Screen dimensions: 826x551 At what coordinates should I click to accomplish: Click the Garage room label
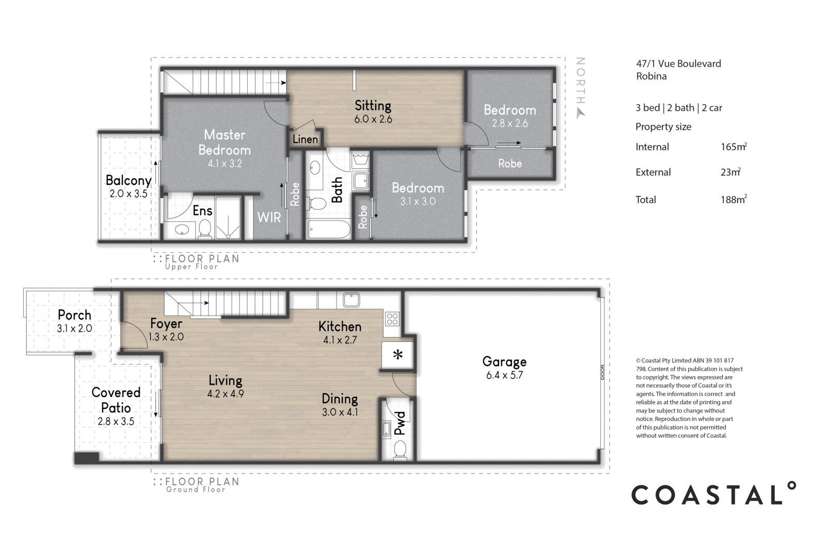[x=504, y=361]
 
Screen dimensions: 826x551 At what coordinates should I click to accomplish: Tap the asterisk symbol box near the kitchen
[x=398, y=355]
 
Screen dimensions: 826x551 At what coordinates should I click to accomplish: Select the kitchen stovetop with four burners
[x=392, y=319]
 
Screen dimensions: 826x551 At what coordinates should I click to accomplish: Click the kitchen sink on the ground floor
[x=351, y=300]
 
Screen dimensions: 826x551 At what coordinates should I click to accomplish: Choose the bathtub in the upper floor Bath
[x=328, y=230]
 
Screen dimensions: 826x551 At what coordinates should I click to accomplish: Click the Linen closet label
[x=305, y=139]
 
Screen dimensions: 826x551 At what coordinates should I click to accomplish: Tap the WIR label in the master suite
[x=269, y=217]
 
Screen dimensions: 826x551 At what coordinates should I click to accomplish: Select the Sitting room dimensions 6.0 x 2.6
[x=373, y=119]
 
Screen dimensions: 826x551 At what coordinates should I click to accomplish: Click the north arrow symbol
[x=580, y=113]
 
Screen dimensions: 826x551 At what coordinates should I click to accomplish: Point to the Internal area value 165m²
[x=734, y=147]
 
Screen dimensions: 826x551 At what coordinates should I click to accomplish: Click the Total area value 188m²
[x=734, y=199]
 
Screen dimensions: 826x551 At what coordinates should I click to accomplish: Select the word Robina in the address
[x=651, y=76]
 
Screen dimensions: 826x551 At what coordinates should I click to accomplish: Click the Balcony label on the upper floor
[x=129, y=180]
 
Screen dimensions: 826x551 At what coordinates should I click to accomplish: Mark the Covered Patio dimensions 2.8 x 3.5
[x=116, y=421]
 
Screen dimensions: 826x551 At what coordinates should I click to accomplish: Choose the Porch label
[x=74, y=315]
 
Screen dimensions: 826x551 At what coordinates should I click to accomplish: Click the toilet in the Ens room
[x=204, y=229]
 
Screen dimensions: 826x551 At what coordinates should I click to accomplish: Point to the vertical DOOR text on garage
[x=602, y=372]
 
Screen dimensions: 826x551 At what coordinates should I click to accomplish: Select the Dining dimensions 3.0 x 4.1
[x=340, y=412]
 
